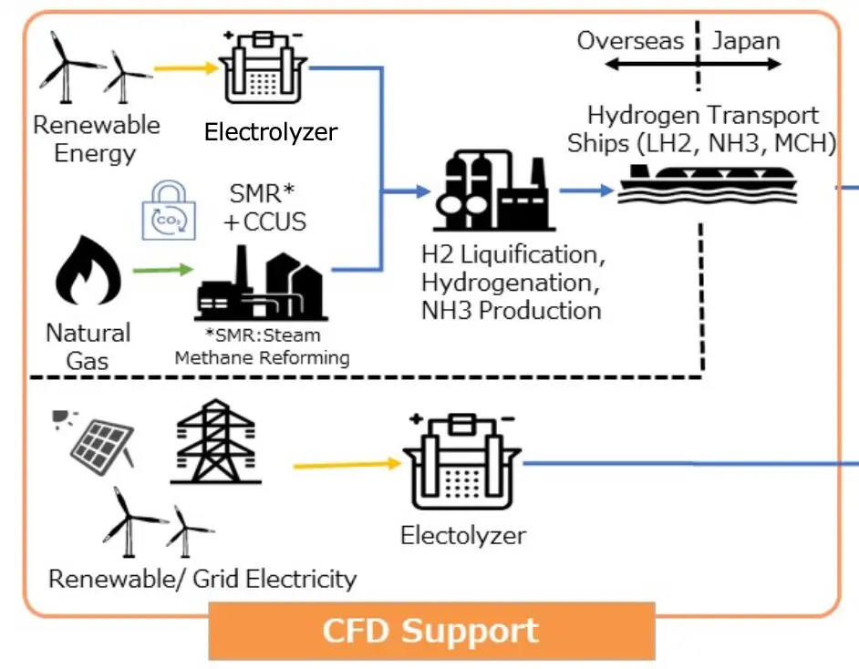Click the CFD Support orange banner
[x=431, y=631]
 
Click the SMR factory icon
[x=260, y=279]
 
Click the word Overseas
[x=629, y=41]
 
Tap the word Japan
[x=746, y=41]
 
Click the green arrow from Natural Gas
[x=163, y=270]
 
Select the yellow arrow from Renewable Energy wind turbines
[x=185, y=67]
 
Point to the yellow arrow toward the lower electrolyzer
[x=347, y=464]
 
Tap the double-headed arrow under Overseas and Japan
[x=694, y=65]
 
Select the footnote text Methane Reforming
[x=262, y=357]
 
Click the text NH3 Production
[x=511, y=310]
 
